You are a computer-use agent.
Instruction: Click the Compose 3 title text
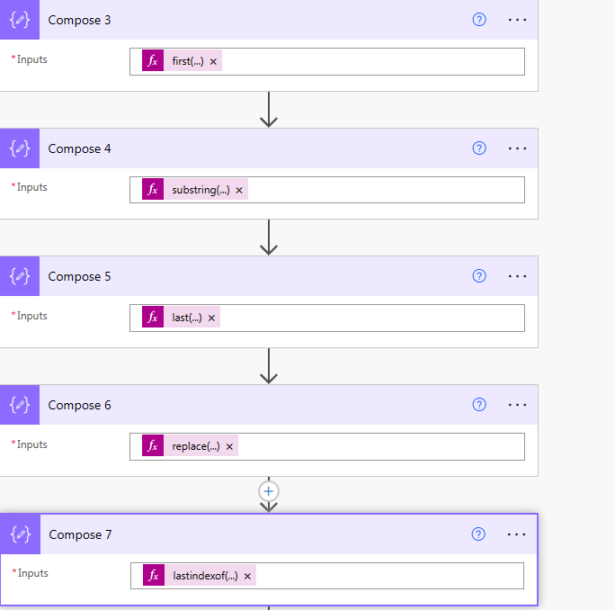(79, 20)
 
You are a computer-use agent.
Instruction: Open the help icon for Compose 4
(479, 148)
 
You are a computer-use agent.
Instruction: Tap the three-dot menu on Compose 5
(517, 276)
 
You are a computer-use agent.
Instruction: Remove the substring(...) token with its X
(239, 191)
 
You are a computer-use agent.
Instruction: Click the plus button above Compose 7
(269, 491)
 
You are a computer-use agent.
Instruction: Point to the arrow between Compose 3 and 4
(269, 110)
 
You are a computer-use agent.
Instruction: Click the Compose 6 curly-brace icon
(20, 405)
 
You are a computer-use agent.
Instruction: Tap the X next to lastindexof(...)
(247, 576)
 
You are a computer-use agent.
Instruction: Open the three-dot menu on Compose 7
(516, 534)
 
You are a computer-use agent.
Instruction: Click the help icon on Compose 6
(479, 405)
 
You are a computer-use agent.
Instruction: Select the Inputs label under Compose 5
(31, 316)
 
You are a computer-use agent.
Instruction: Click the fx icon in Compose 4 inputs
(153, 189)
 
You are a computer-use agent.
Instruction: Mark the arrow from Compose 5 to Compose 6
(269, 366)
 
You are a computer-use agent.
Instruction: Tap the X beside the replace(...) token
(229, 447)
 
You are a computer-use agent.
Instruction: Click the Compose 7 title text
(80, 534)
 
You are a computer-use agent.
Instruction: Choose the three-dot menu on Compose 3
(517, 20)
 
